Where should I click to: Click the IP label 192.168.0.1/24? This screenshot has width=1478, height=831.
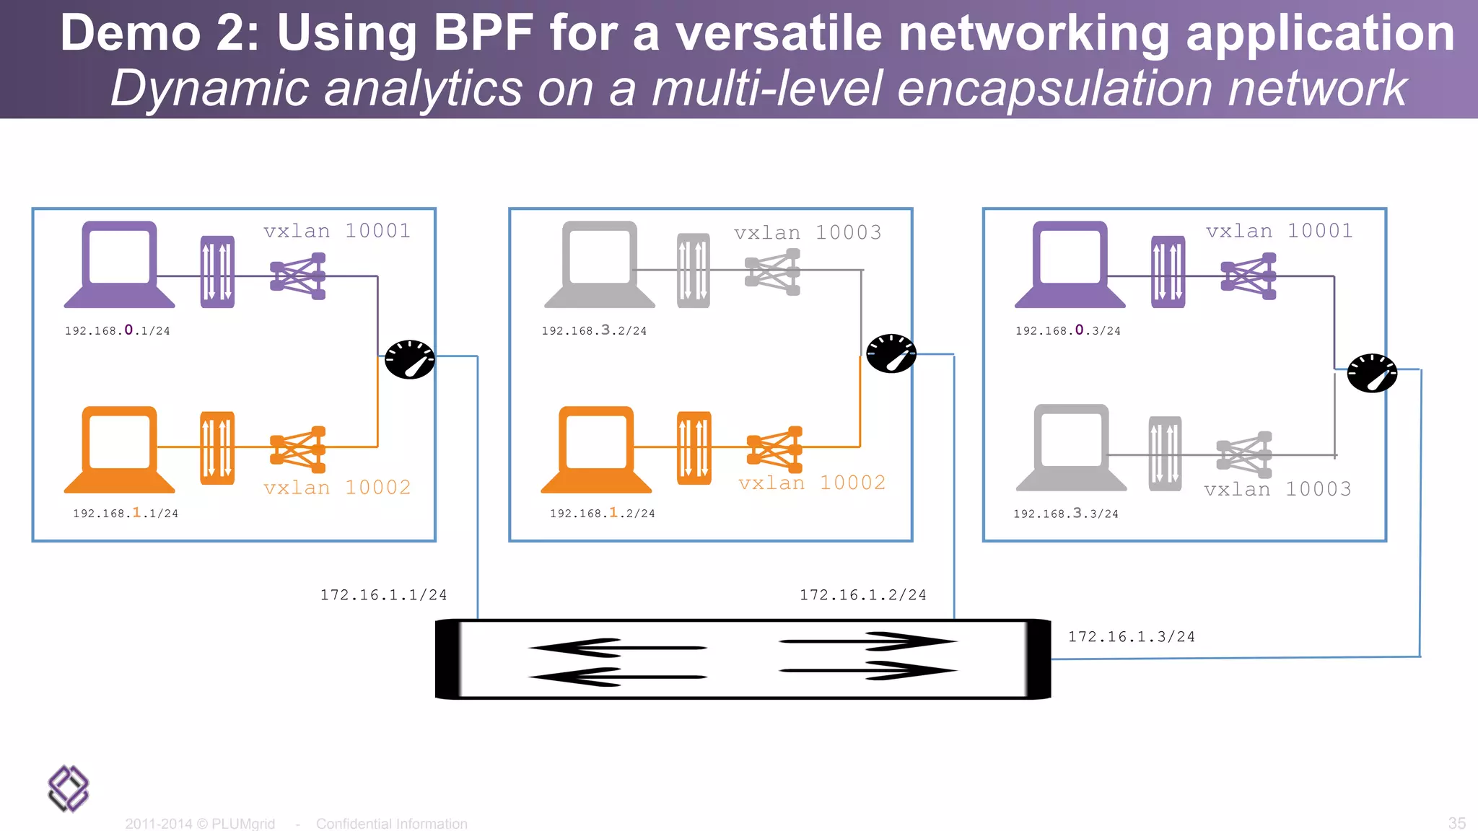tap(118, 330)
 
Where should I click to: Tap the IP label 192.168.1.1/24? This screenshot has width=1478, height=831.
tap(126, 513)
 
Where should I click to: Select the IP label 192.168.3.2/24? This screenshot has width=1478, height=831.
tap(594, 330)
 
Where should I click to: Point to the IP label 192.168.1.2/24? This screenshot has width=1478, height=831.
tap(603, 513)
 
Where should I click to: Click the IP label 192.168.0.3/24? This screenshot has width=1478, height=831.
tap(1068, 330)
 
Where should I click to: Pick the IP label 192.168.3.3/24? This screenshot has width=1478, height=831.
tap(1066, 513)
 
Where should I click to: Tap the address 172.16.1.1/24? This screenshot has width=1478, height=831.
tap(383, 595)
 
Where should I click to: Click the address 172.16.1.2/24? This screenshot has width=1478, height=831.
tap(862, 595)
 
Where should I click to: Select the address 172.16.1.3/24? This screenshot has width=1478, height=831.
tap(1131, 637)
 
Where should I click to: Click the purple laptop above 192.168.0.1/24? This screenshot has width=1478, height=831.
tap(120, 264)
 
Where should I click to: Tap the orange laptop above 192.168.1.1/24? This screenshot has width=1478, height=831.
tap(120, 449)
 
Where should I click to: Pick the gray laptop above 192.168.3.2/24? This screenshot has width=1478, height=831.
tap(600, 264)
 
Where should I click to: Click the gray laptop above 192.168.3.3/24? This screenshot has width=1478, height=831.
tap(1071, 447)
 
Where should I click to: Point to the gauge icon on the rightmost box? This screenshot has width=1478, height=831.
tap(1372, 373)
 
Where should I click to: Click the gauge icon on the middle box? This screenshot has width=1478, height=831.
tap(891, 353)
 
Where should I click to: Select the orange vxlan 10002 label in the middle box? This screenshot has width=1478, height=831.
tap(812, 483)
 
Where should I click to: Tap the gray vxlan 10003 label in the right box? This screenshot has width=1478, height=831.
tap(1277, 489)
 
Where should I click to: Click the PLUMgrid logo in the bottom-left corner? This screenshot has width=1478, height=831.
tap(69, 788)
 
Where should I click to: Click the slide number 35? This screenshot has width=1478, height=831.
tap(1456, 823)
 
